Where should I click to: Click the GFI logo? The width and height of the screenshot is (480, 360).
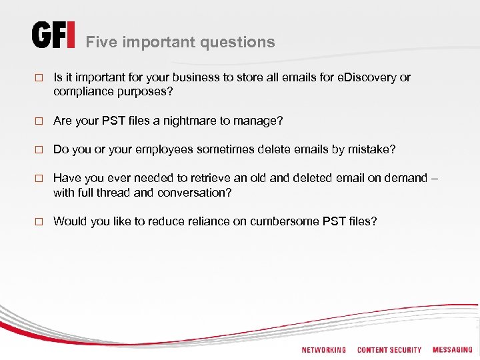[x=53, y=36]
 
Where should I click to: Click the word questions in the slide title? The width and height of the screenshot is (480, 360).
[x=242, y=42]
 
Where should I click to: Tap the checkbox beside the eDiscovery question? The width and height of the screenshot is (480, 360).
[x=38, y=78]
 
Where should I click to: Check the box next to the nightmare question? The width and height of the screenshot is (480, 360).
[x=38, y=121]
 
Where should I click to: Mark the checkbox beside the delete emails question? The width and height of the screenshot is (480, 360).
[x=38, y=150]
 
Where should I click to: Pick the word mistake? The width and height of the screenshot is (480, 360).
[x=371, y=149]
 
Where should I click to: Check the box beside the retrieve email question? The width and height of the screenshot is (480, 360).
[x=38, y=179]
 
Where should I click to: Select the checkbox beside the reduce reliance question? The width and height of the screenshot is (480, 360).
[x=38, y=221]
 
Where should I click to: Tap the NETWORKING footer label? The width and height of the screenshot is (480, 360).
[x=324, y=350]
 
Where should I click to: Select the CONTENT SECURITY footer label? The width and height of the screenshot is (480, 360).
[x=389, y=350]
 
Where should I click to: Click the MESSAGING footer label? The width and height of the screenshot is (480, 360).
[x=452, y=350]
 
